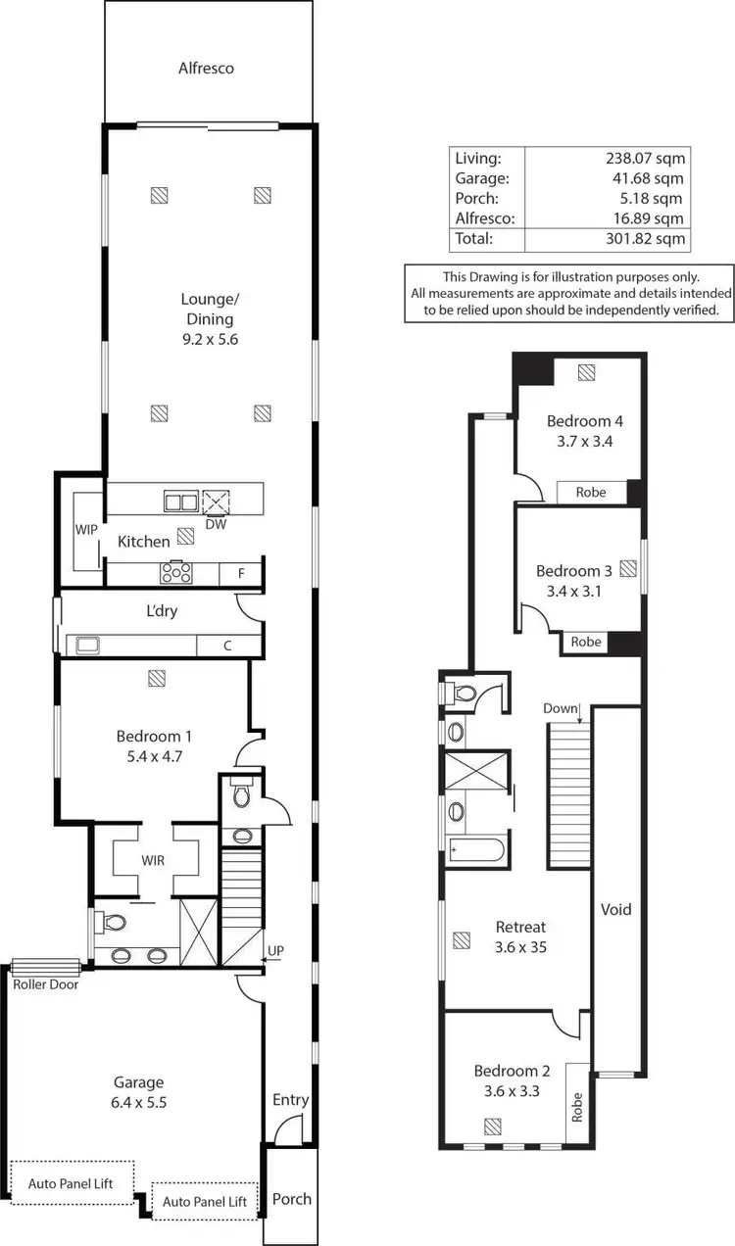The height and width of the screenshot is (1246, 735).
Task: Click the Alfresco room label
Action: (206, 69)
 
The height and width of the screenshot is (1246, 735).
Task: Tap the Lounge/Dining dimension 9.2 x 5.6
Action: (207, 340)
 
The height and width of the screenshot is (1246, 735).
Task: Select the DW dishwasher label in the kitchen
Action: (216, 524)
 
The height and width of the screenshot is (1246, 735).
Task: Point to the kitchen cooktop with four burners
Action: (176, 572)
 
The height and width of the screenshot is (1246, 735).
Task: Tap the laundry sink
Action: (85, 645)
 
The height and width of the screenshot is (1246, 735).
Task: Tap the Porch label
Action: (291, 1198)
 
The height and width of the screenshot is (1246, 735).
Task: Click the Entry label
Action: (290, 1100)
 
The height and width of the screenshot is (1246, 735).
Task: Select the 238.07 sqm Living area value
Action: (646, 157)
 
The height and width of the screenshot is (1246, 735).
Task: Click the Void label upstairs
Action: (615, 909)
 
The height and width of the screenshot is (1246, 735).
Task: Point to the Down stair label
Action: (560, 708)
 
